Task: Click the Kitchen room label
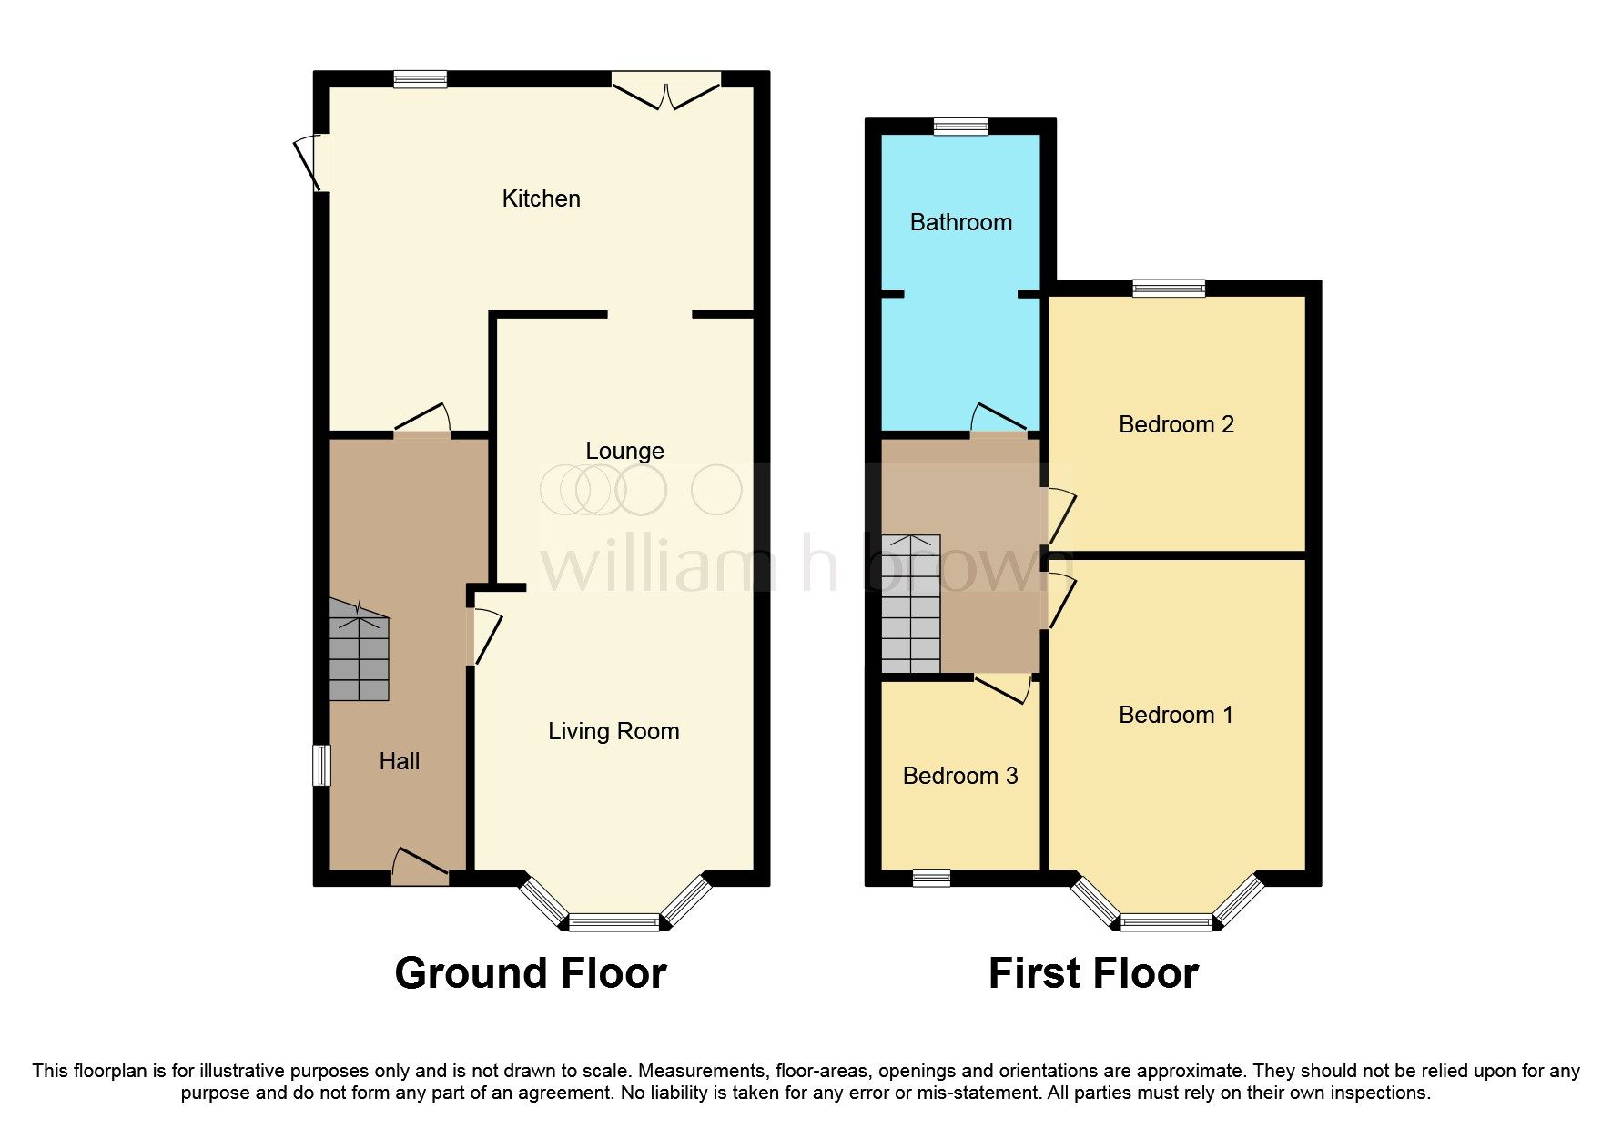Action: [541, 198]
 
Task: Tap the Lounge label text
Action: [624, 451]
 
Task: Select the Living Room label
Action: [613, 731]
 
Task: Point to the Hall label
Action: [399, 761]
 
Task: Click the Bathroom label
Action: [960, 222]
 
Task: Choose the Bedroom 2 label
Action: [1176, 424]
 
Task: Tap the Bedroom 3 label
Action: [959, 776]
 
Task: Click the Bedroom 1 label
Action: [1176, 715]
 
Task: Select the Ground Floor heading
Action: [531, 973]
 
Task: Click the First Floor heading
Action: [1093, 973]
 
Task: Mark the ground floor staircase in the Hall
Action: [359, 652]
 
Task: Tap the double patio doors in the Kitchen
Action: [666, 91]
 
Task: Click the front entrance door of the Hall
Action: [421, 869]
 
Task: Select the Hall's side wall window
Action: [321, 765]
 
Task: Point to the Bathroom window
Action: [960, 127]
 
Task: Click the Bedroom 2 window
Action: [1169, 289]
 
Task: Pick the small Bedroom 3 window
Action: [931, 878]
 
